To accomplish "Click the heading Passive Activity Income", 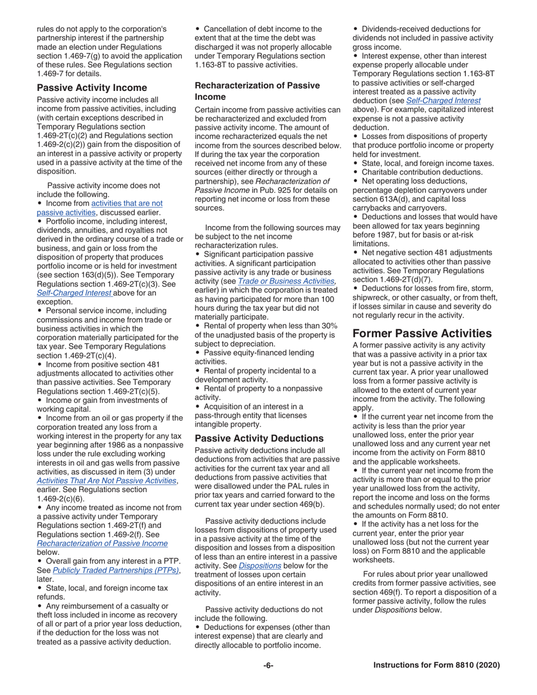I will coord(92,88).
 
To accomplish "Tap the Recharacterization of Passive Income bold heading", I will coord(257,91).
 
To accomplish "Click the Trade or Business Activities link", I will coord(287,281).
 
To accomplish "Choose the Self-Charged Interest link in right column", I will coord(443,101).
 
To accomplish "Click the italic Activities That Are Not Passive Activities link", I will coord(106,480).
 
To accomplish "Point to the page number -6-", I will coord(268,666).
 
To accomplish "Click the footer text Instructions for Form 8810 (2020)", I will coord(436,666).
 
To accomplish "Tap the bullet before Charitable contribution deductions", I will coord(356,172).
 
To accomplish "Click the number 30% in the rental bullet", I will coord(328,325).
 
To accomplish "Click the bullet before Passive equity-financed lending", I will coord(198,353).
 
